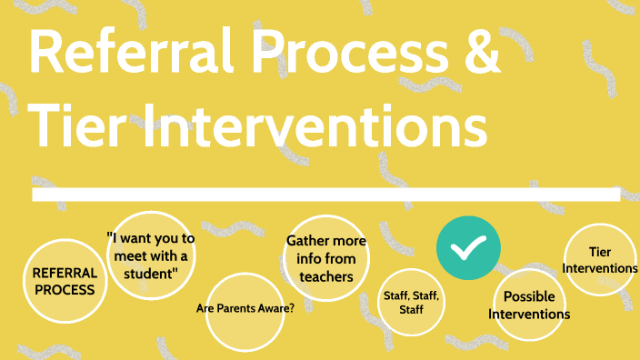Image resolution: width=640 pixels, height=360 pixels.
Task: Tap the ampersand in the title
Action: tap(479, 55)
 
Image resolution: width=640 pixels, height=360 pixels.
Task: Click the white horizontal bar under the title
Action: tap(325, 195)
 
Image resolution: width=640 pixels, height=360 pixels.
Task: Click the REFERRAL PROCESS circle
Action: tap(64, 281)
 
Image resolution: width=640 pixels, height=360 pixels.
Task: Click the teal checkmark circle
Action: tap(467, 246)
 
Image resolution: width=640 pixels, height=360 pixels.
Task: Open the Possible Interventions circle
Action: tap(529, 305)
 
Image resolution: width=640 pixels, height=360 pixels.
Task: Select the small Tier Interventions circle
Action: tap(600, 259)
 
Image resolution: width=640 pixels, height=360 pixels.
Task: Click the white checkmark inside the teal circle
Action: tap(467, 246)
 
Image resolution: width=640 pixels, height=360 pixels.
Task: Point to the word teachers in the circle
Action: tap(326, 275)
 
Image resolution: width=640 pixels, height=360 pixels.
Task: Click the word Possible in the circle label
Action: tap(529, 296)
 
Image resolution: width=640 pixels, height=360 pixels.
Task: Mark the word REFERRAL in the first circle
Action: tap(64, 273)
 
